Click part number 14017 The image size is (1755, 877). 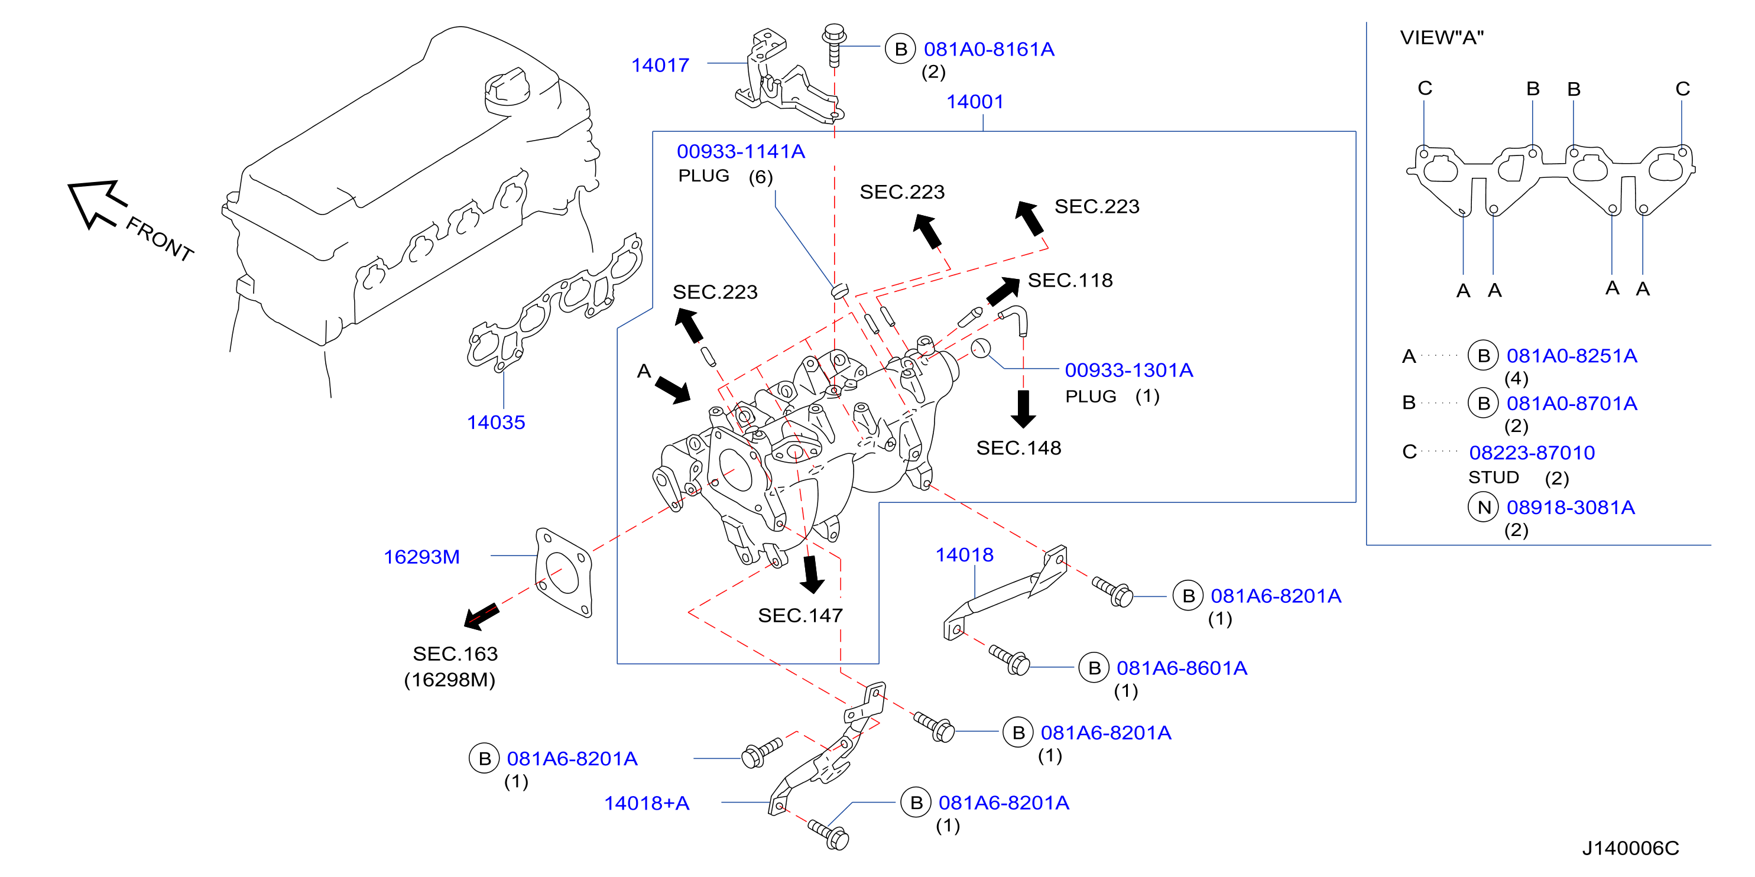(660, 66)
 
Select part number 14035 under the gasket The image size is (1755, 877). (495, 423)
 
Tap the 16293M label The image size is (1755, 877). (421, 557)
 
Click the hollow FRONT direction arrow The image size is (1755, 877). (98, 202)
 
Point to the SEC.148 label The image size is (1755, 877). (1018, 448)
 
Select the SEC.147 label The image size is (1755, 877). (800, 616)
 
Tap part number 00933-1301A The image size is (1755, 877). (1129, 371)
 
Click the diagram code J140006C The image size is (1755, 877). (1630, 849)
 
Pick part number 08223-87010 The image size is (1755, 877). (1532, 453)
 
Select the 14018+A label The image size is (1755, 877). (647, 804)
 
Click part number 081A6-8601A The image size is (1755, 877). (1182, 668)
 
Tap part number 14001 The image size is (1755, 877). (975, 102)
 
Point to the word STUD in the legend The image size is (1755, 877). (1493, 478)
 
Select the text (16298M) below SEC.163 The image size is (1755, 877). (450, 680)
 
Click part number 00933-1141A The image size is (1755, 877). (741, 152)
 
